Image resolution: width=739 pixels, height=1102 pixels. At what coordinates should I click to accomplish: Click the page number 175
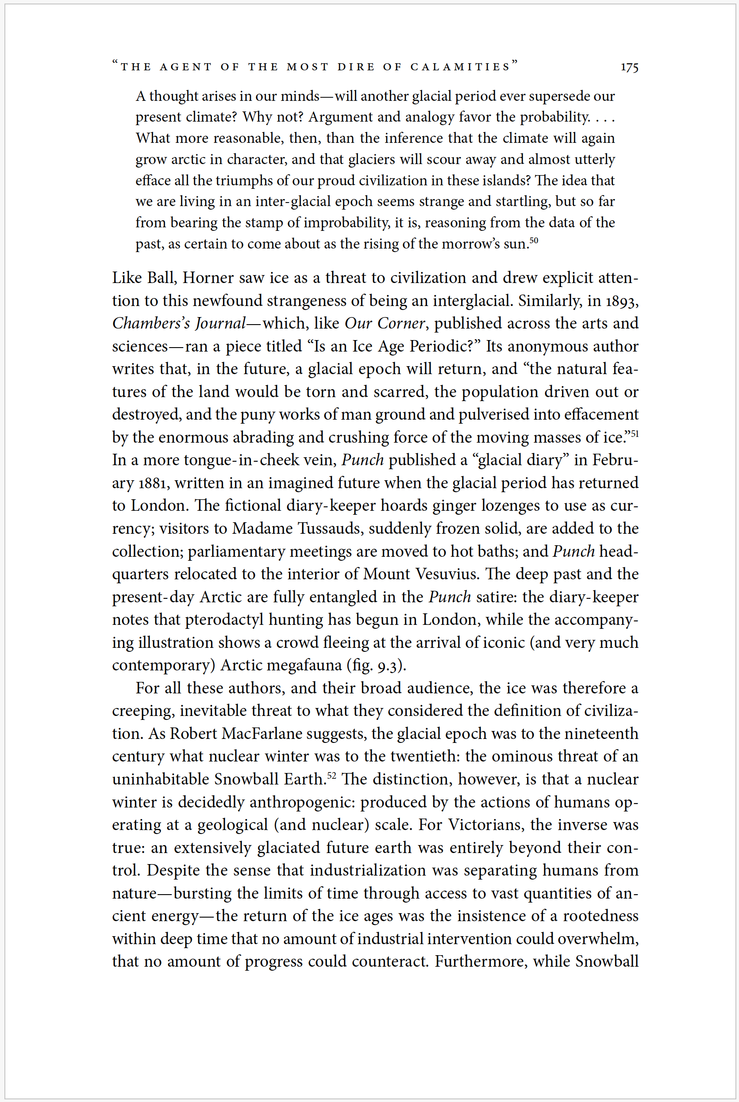pos(629,67)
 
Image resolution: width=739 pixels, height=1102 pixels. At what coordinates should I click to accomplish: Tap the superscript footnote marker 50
pos(534,240)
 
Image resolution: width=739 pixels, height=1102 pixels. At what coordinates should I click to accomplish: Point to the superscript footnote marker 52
pos(331,775)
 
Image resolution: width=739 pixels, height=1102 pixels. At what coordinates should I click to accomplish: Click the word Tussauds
pos(331,528)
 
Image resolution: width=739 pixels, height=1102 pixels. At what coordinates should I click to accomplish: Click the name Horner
pos(208,278)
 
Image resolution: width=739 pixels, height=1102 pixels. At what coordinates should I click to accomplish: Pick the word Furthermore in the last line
pos(481,961)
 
